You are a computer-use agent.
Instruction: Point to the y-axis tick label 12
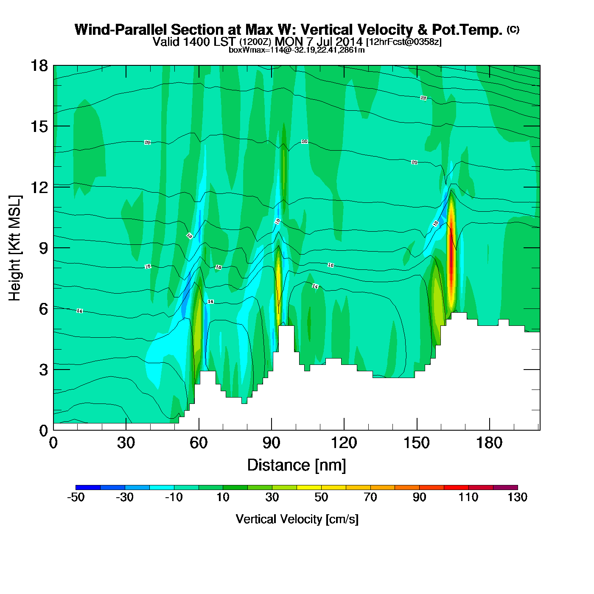[x=39, y=187]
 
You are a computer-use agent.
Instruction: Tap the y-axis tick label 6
[x=43, y=309]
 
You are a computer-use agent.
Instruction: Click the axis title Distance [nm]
[x=297, y=465]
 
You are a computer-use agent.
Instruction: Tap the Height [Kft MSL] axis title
[x=15, y=248]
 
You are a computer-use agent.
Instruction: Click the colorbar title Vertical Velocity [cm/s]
[x=297, y=519]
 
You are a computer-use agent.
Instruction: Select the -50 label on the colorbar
[x=76, y=497]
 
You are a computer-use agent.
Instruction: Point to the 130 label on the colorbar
[x=517, y=497]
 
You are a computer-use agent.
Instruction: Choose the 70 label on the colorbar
[x=370, y=497]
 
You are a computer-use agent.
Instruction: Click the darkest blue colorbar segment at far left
[x=88, y=487]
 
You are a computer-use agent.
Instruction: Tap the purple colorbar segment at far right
[x=505, y=487]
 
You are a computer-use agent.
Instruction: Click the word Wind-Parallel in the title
[x=121, y=30]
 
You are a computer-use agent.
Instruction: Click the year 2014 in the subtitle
[x=349, y=42]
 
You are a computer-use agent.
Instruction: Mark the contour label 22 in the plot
[x=423, y=98]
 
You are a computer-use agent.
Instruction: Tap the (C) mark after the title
[x=513, y=29]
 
